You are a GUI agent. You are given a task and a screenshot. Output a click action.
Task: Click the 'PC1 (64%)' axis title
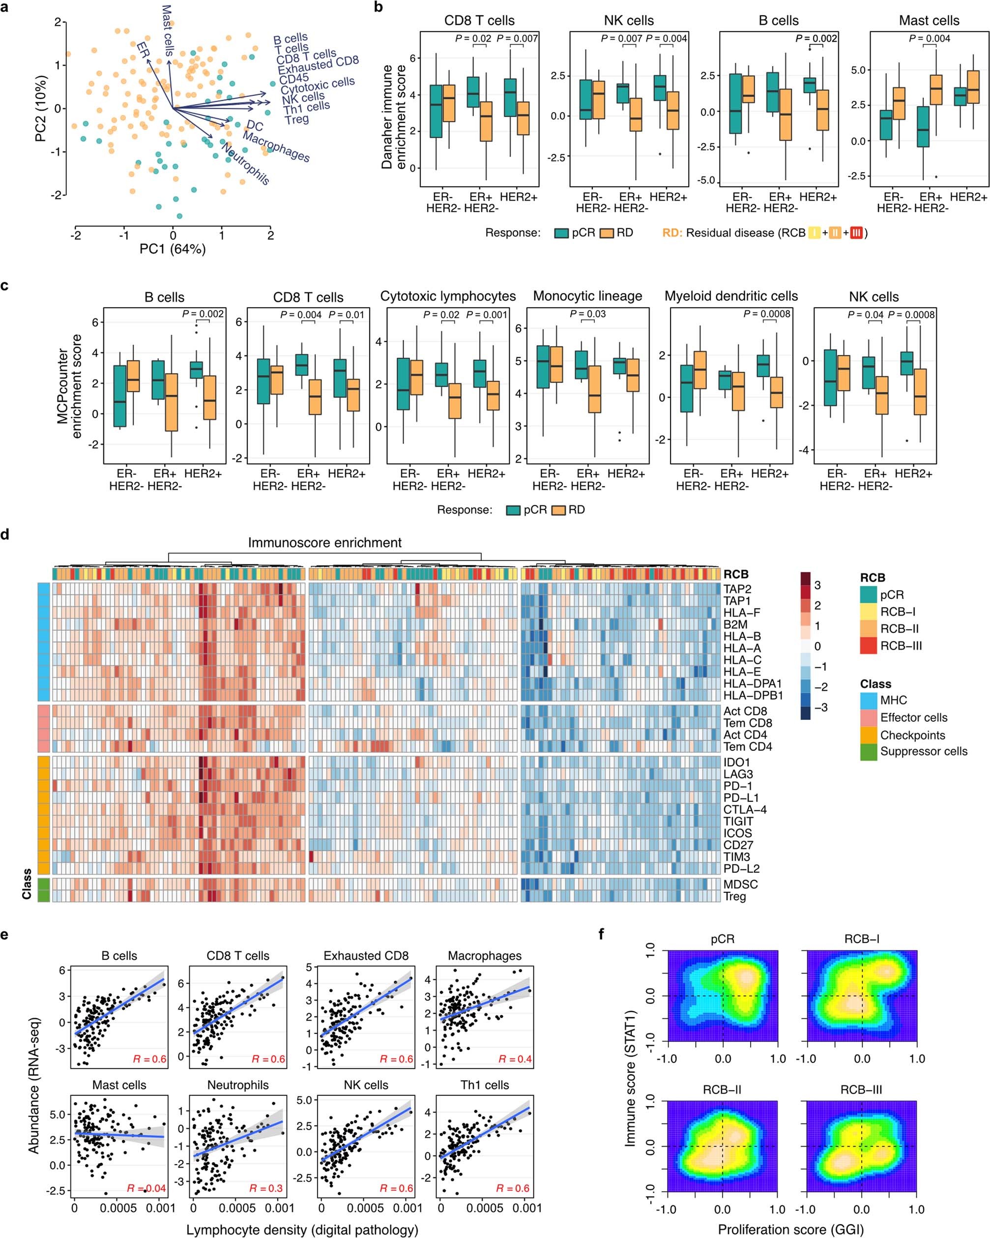(172, 249)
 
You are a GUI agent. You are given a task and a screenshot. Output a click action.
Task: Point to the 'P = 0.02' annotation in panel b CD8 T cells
(473, 38)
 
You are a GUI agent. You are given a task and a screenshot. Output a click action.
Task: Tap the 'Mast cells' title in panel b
(929, 21)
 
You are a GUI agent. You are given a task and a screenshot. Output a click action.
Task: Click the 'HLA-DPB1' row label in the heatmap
(744, 695)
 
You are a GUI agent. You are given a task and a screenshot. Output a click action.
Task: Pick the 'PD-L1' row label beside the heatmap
(740, 797)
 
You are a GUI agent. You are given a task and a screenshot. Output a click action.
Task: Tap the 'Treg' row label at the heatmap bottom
(734, 896)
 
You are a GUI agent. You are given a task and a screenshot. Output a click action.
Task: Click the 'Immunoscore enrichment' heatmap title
(324, 543)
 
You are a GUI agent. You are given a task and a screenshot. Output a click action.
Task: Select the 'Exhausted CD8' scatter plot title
(366, 956)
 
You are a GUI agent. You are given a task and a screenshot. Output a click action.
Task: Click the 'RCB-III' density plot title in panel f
(861, 1090)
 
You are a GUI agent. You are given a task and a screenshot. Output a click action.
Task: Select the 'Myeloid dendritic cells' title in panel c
(731, 296)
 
